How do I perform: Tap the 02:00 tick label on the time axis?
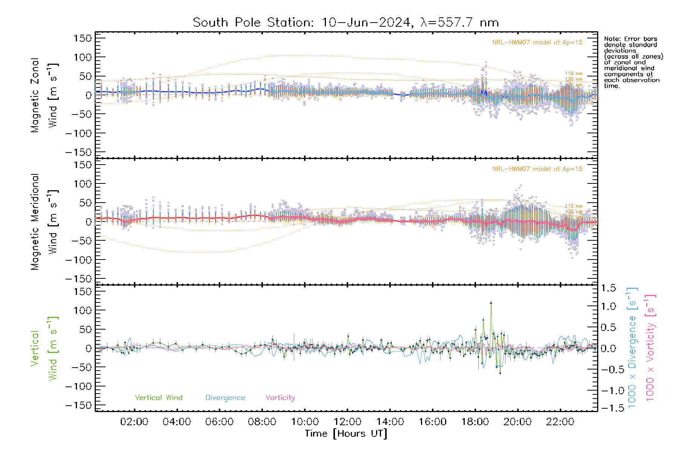coord(134,422)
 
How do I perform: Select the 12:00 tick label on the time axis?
coord(347,422)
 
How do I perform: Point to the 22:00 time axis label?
coord(560,422)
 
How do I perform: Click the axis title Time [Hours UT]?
coord(346,434)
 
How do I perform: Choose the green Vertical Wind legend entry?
coord(158,398)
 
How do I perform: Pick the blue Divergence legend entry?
coord(225,398)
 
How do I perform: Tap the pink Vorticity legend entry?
coord(280,398)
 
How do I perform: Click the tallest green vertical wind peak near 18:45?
coord(491,302)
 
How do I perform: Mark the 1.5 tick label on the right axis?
coord(608,288)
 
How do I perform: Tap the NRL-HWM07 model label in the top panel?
coord(537,43)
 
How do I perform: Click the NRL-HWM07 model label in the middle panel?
coord(537,169)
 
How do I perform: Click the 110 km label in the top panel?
coord(573,73)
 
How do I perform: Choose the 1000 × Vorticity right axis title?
coord(650,347)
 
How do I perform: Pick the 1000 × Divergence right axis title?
coord(632,347)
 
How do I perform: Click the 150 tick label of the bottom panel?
coord(83,292)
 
